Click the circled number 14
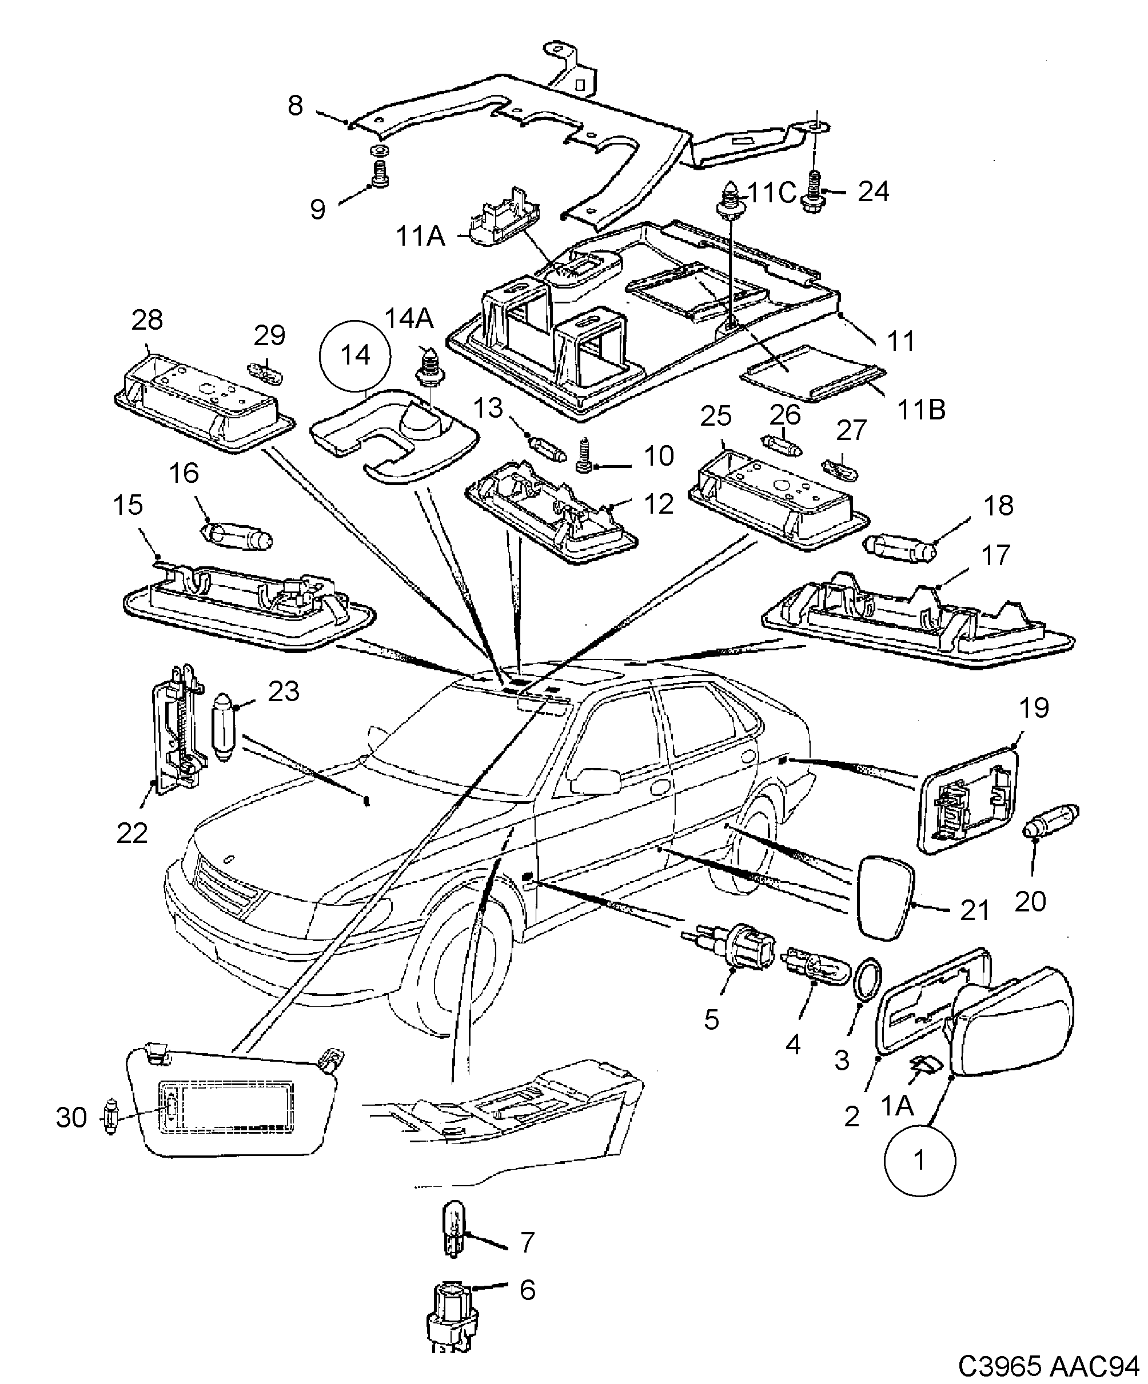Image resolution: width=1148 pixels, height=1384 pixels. [x=355, y=356]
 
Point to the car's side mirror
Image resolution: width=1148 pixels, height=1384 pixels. [x=595, y=782]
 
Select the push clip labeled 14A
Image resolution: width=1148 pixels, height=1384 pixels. [x=429, y=371]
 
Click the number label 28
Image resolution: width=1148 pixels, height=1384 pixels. [x=147, y=321]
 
